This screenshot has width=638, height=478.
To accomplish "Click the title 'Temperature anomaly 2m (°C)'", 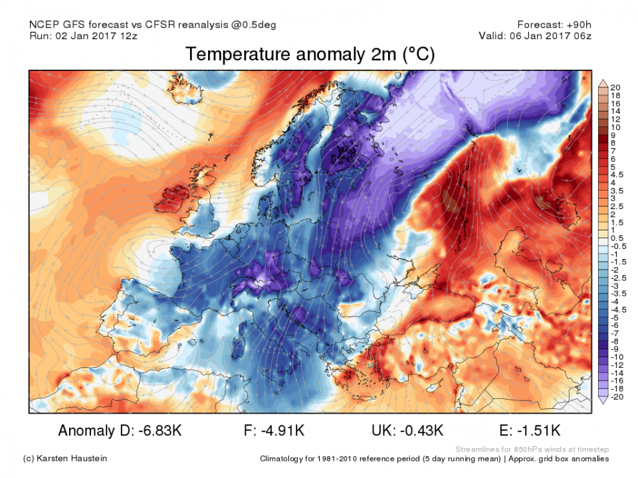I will click(310, 54).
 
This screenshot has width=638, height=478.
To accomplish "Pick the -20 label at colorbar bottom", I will click(617, 397).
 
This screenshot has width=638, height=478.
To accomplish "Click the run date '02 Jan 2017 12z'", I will click(100, 36).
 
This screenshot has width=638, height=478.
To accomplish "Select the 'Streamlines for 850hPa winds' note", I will click(525, 449).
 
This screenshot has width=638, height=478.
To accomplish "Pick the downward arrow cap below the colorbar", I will click(603, 400).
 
